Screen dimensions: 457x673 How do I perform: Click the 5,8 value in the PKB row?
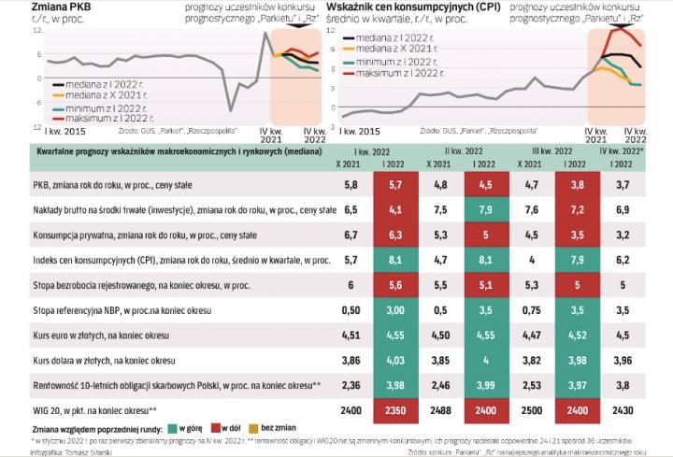coord(351,185)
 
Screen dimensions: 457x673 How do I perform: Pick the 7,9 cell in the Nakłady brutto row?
coord(485,209)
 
